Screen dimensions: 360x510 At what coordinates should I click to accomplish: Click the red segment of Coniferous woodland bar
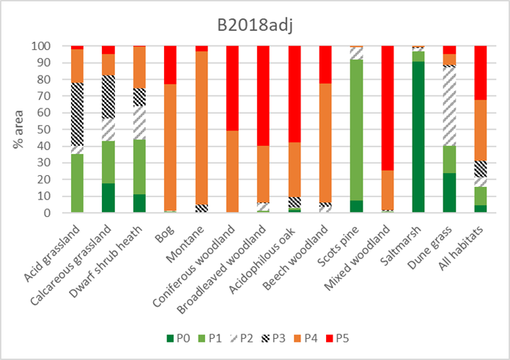232,88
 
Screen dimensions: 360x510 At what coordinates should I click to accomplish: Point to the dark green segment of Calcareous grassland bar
108,198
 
